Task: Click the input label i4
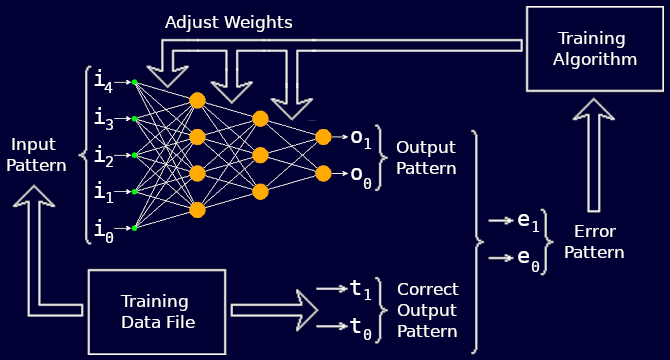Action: pos(103,81)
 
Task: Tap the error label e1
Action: pos(528,222)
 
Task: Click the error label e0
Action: pos(528,258)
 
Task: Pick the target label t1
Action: pos(360,289)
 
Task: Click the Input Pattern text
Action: pos(36,155)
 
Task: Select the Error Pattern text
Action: pos(593,242)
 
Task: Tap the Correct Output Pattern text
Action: pos(427,310)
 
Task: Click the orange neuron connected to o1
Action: pos(323,137)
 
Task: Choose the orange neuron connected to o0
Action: pos(323,173)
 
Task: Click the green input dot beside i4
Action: pos(134,82)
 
